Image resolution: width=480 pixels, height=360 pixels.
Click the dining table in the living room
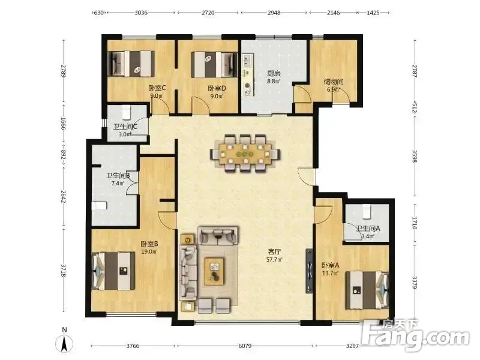coord(245,154)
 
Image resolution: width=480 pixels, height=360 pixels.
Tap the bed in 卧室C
coord(131,64)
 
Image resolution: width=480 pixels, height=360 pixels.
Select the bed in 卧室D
coord(214,65)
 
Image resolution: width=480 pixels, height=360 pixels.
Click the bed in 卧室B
coord(113,271)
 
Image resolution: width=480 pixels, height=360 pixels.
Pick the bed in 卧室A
coord(367,290)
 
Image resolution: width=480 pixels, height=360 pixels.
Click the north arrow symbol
coord(65,343)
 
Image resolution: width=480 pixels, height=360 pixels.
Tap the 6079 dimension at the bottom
coord(245,346)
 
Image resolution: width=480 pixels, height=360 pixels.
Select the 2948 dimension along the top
coord(274,13)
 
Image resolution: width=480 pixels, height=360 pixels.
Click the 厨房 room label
coord(274,73)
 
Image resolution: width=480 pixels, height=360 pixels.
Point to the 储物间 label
coord(334,82)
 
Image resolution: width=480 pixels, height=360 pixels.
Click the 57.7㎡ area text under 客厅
coord(275,259)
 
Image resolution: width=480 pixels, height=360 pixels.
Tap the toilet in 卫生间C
coord(127,112)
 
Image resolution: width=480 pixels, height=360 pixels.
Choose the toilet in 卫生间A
coord(367,212)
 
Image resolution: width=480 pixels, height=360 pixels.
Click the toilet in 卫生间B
coord(100,205)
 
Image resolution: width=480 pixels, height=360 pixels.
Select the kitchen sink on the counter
coord(247,61)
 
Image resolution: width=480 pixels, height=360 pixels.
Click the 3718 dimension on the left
coord(64,271)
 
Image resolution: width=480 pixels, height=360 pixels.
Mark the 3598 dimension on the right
coord(415,156)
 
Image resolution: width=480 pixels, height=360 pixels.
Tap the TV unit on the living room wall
coord(309,271)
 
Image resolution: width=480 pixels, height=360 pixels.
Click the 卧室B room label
coord(149,244)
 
